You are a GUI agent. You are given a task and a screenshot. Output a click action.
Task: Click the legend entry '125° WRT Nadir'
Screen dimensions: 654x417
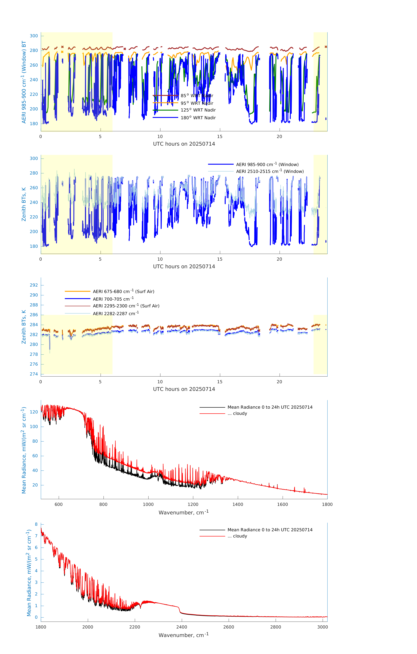pos(198,110)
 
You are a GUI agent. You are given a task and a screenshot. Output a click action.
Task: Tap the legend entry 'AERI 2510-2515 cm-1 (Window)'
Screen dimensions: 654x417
pos(270,171)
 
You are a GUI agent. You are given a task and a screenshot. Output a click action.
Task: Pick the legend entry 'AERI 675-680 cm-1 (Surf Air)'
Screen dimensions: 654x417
pos(123,291)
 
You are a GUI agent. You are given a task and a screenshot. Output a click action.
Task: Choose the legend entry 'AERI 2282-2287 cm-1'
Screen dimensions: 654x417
pos(116,313)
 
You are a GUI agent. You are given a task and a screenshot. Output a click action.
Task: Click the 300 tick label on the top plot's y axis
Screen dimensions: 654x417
pos(34,36)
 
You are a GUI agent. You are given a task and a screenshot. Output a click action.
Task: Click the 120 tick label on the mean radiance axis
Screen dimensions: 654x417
pos(34,412)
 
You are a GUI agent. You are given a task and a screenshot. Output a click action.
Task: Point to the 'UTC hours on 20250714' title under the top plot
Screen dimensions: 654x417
pos(184,144)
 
